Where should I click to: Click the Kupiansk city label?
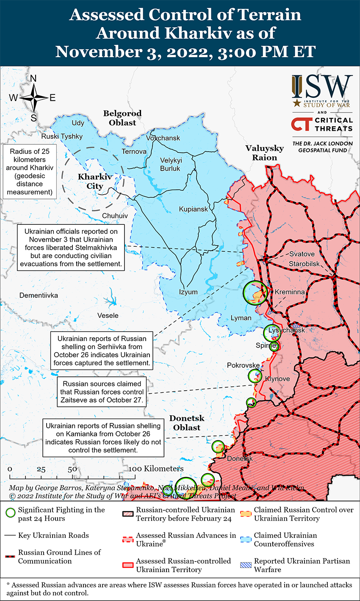(193, 209)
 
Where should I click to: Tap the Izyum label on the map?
(188, 292)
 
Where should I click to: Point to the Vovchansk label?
(163, 138)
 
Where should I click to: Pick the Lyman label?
(241, 318)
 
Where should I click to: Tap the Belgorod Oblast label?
(122, 118)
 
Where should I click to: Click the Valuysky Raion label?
(265, 153)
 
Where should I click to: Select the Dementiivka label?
(39, 295)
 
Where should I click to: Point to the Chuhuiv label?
(115, 216)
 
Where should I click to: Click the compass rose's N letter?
(33, 78)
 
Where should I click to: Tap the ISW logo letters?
(322, 87)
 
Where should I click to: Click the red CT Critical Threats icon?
(301, 124)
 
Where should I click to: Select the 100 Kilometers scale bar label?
(157, 469)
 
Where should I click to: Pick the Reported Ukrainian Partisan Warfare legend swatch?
(246, 565)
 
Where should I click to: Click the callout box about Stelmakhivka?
(71, 248)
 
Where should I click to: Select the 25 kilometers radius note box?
(29, 172)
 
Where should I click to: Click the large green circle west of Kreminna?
(255, 292)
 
